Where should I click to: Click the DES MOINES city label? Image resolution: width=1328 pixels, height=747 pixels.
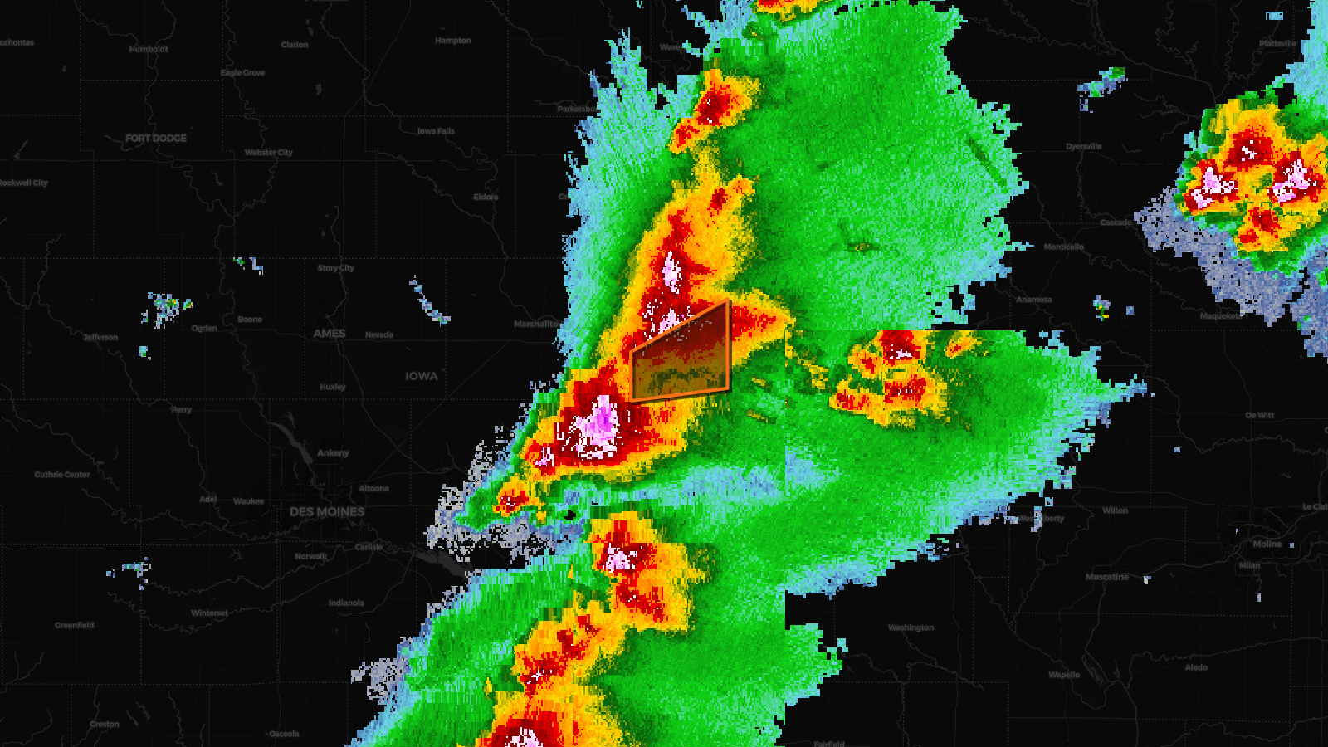327,512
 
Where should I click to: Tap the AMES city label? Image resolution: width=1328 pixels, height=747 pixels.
330,334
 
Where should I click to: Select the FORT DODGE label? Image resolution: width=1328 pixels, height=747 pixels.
156,139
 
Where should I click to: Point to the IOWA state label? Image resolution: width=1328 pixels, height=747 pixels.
422,377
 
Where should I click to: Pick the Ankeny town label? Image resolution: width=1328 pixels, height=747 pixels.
333,453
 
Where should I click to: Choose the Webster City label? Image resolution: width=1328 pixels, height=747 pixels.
269,153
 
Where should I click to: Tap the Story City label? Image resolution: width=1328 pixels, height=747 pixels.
335,268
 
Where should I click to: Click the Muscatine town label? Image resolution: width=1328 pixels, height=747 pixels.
1107,577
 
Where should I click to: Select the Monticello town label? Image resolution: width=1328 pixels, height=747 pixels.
1064,247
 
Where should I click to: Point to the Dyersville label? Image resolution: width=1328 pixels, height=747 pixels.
1084,147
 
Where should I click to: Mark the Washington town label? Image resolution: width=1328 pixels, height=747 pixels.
911,627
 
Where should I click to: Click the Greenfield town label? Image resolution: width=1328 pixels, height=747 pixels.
75,625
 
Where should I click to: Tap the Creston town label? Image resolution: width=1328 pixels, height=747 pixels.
105,725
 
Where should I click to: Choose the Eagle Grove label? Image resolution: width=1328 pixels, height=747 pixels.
243,73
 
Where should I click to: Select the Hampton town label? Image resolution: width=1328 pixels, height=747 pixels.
453,41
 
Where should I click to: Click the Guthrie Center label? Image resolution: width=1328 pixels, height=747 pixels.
62,475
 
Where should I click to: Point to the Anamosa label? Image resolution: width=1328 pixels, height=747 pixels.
1034,300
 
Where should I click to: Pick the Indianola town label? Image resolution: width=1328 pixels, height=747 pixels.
346,603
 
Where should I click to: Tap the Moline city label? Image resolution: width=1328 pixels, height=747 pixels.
1267,544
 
